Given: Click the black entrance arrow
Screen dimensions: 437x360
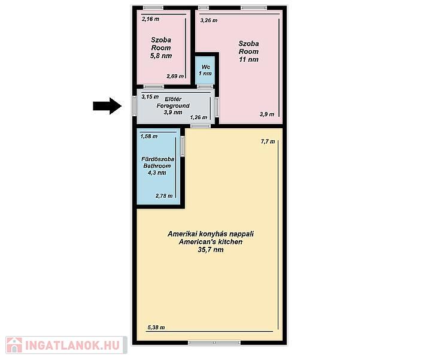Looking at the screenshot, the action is (x=107, y=106).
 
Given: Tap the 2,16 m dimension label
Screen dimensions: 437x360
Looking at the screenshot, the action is (x=150, y=19).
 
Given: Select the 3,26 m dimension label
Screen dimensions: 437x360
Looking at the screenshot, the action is (x=209, y=20).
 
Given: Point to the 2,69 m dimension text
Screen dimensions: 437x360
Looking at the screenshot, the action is (x=175, y=76).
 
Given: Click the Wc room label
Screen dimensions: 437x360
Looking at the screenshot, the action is (x=206, y=67).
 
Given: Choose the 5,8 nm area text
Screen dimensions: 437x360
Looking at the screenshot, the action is (x=161, y=56).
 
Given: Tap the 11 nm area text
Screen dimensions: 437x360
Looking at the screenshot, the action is (x=248, y=59).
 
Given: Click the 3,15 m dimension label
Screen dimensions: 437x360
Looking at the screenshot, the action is (x=150, y=97).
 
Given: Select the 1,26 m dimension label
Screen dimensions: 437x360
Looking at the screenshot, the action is (x=199, y=117).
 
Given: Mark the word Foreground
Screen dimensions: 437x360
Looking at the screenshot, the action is (x=173, y=105).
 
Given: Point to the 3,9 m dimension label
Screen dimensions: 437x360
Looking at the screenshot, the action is (x=267, y=114).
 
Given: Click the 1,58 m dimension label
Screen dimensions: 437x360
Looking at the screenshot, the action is (x=149, y=137).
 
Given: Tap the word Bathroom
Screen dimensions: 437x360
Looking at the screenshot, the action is (x=157, y=166).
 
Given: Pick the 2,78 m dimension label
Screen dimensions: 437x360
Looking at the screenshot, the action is (x=164, y=196).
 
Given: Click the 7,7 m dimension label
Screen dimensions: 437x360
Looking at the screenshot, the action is (x=268, y=141).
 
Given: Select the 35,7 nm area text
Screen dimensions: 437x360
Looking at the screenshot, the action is (x=211, y=250).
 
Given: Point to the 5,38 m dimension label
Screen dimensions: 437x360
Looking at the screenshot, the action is (x=156, y=328).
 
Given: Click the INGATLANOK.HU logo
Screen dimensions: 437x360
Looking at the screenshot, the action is (x=66, y=345).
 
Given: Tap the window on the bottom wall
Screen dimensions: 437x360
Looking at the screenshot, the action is (x=214, y=343).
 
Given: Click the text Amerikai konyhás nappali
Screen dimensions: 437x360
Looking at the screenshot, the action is (x=211, y=234).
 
